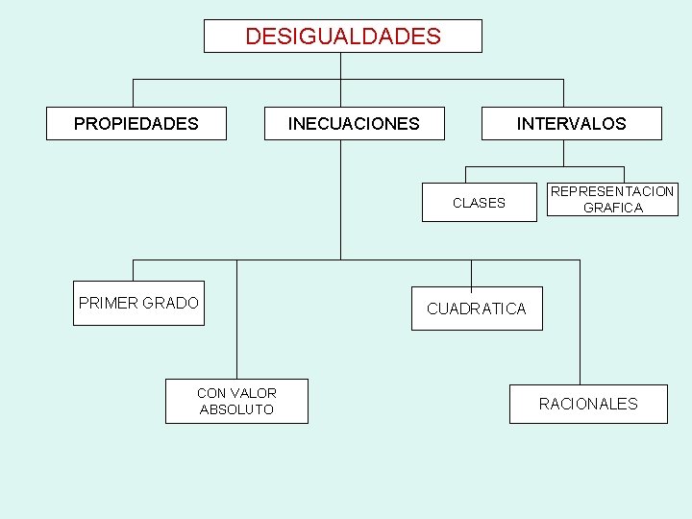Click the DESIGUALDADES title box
tap(342, 37)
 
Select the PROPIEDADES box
tap(136, 123)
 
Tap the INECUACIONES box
tap(354, 123)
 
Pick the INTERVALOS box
tap(571, 123)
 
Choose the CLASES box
tap(479, 202)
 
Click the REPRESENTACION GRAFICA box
tap(612, 199)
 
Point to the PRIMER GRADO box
tap(138, 303)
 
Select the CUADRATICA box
tap(477, 309)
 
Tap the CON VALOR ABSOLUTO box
tap(236, 401)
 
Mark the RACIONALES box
tap(588, 404)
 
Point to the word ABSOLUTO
tap(236, 409)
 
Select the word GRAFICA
tap(612, 208)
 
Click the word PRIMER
tap(109, 303)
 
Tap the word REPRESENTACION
tap(612, 191)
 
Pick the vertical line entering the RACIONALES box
tap(580, 327)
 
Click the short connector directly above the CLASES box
tap(466, 174)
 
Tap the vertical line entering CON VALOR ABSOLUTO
tap(236, 322)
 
